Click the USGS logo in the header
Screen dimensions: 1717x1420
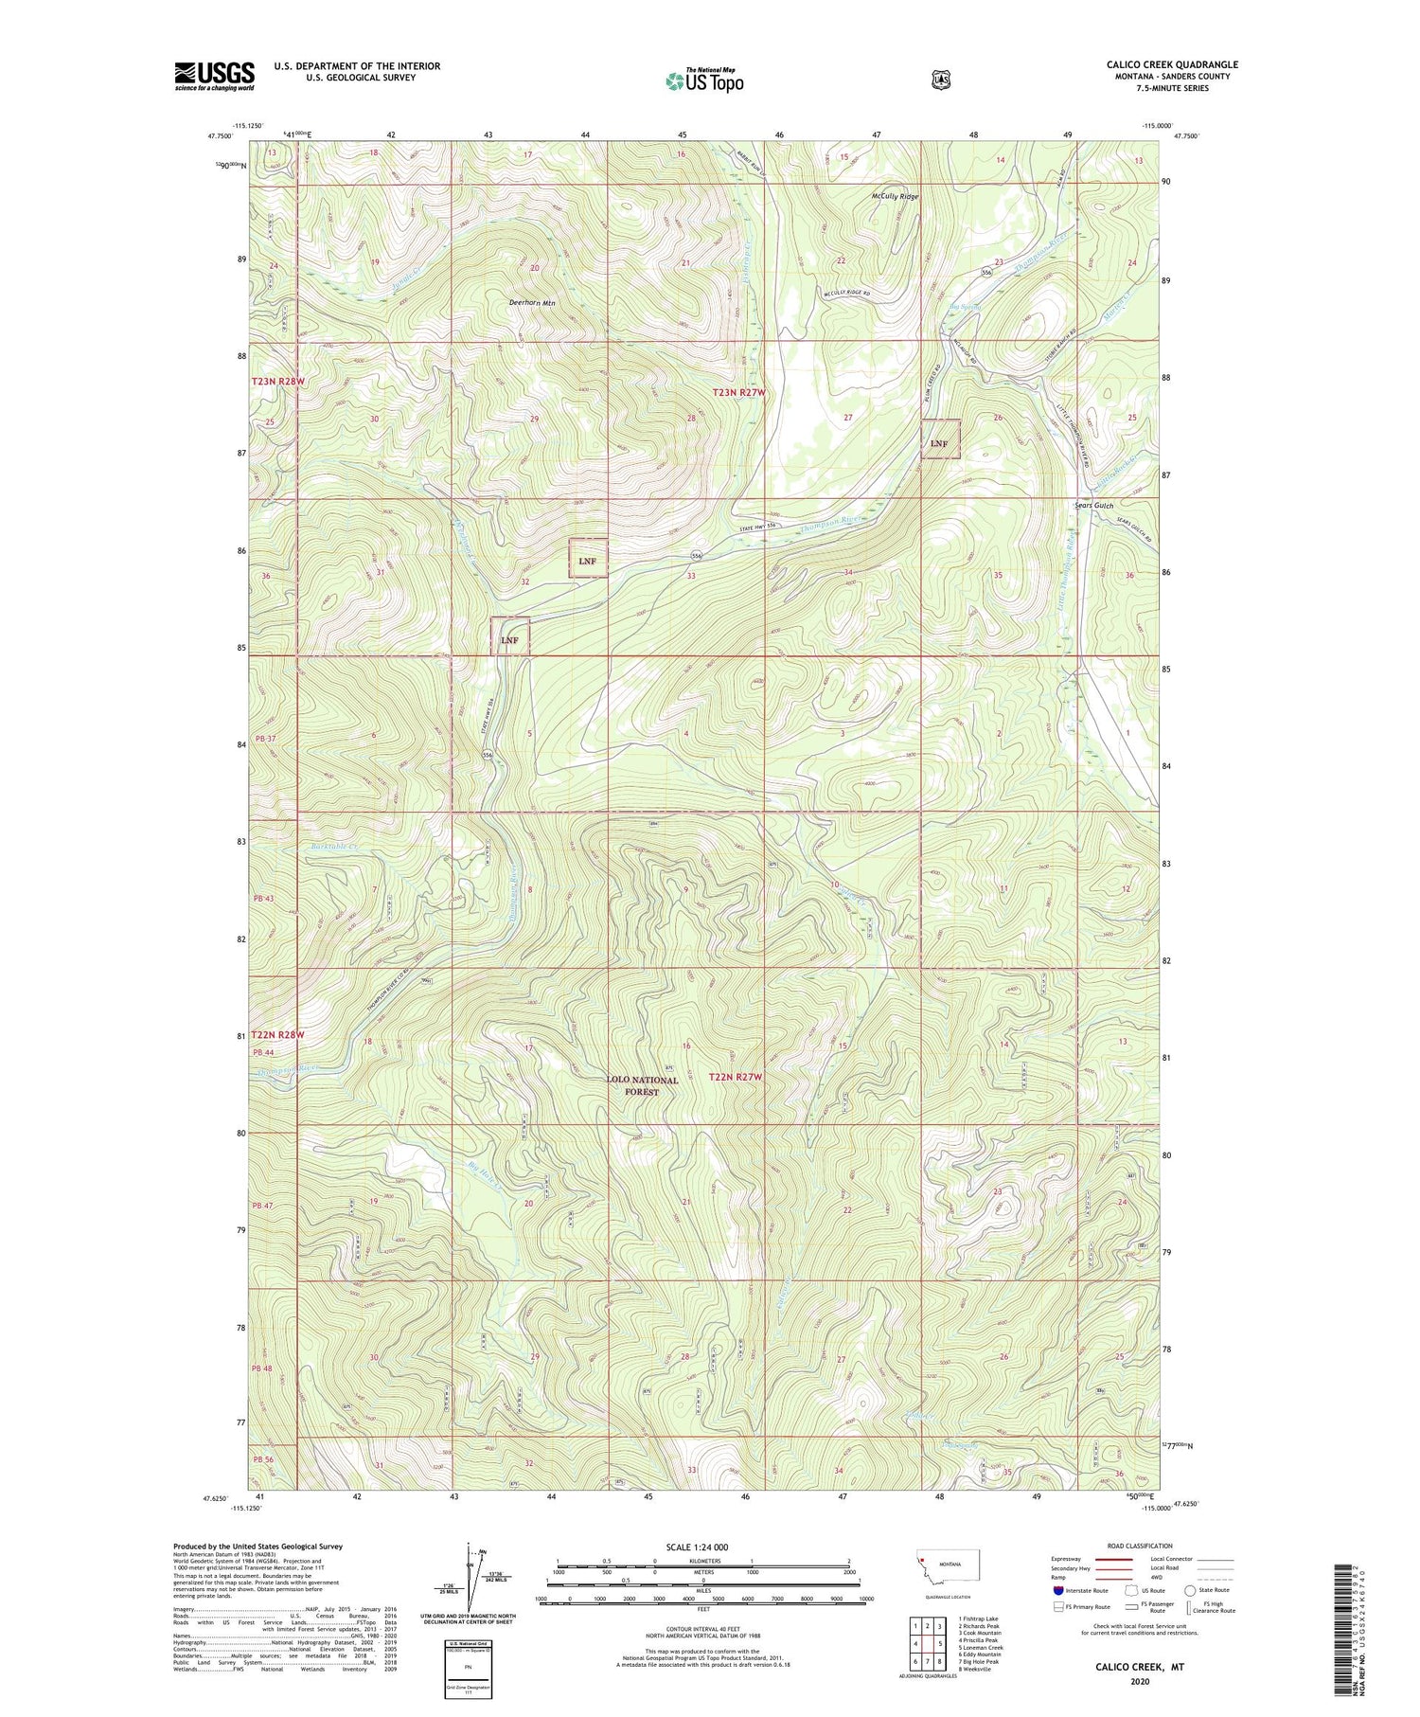click(214, 76)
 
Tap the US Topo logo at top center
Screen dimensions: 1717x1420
click(704, 80)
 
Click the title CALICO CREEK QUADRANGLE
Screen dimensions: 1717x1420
click(1172, 64)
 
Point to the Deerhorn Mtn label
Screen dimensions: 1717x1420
click(532, 303)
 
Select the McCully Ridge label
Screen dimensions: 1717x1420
click(895, 197)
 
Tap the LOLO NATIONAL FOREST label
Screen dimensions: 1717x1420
click(642, 1085)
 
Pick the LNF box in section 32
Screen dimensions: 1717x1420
click(587, 561)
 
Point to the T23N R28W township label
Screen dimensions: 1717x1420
click(279, 381)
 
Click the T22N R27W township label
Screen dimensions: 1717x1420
click(735, 1077)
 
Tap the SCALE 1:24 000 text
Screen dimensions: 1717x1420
click(696, 1547)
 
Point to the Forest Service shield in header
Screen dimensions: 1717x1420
click(940, 80)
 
